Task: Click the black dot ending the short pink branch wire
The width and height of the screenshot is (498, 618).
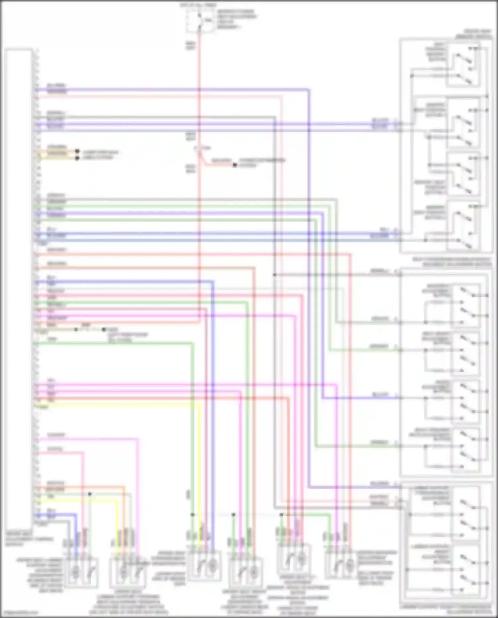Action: click(x=235, y=165)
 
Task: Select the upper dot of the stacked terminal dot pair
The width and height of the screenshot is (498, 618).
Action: click(x=77, y=151)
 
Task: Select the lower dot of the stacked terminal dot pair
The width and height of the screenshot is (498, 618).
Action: click(x=77, y=158)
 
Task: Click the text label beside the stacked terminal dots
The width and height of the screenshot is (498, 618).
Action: click(x=100, y=155)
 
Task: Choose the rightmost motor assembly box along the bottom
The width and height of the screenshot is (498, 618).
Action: click(x=340, y=565)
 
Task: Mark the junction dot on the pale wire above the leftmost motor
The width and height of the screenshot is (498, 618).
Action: click(x=90, y=494)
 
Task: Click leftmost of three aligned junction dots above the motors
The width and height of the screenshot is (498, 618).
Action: click(x=192, y=515)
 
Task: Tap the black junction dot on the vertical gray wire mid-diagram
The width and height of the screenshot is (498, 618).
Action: click(x=275, y=275)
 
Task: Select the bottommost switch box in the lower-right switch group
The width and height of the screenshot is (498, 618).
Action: click(x=465, y=570)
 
